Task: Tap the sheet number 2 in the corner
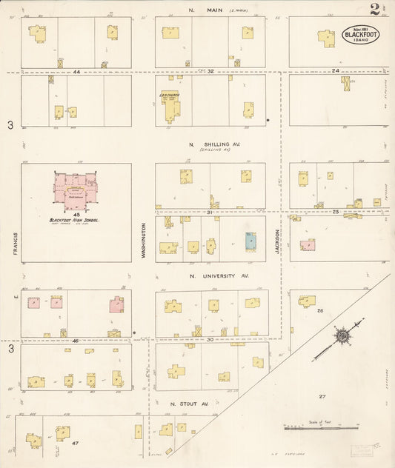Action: tap(378, 10)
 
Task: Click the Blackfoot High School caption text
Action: tap(75, 220)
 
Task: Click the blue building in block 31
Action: tap(251, 241)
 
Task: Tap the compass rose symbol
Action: tap(342, 337)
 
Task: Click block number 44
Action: tap(77, 72)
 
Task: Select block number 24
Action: tap(335, 71)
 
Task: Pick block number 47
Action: tap(75, 443)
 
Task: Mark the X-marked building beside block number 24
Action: tap(346, 84)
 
